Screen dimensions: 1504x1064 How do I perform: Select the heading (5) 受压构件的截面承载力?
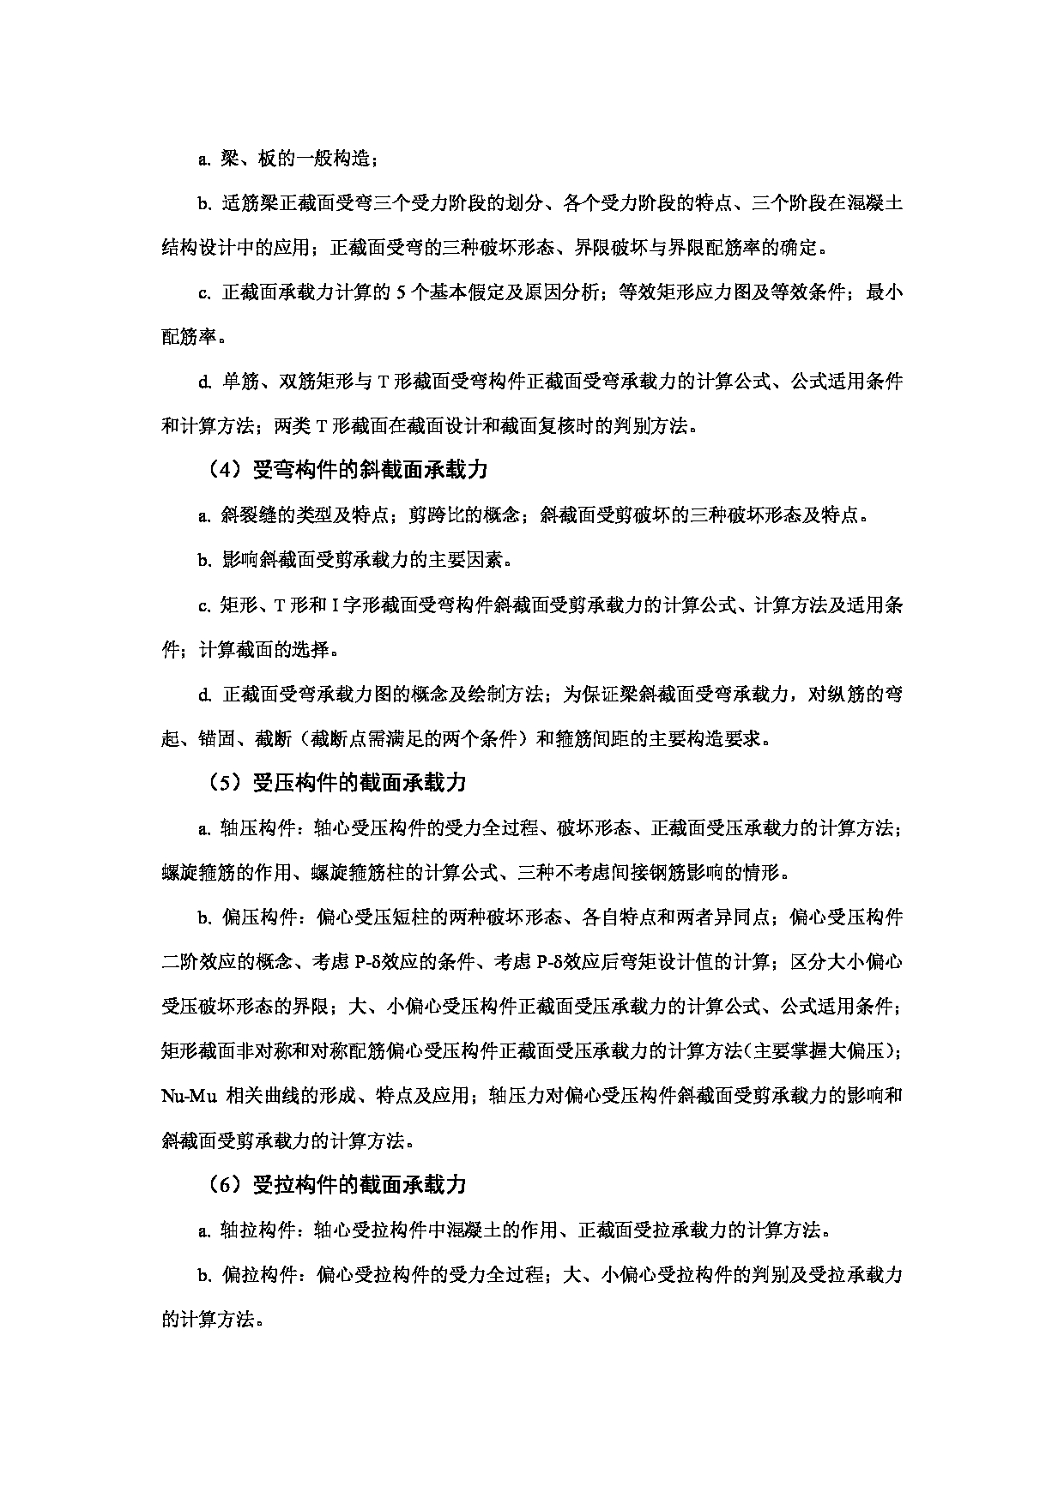coord(336,783)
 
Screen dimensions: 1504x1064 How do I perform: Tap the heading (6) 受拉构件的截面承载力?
coord(336,1185)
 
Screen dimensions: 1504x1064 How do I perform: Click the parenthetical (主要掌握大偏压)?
coord(822,1051)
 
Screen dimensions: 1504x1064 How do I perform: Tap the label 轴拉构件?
coord(257,1230)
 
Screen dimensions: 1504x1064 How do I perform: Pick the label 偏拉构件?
coord(257,1275)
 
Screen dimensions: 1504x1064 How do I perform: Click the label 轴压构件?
coord(257,828)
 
